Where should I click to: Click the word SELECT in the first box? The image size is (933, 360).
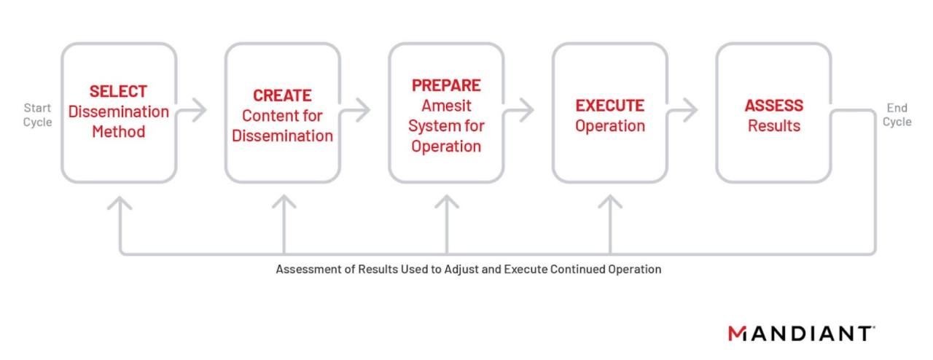point(118,91)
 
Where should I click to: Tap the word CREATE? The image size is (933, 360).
point(282,95)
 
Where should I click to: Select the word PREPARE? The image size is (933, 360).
point(446,85)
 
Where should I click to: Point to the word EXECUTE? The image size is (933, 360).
point(610,106)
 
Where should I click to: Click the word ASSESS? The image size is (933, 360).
point(774,106)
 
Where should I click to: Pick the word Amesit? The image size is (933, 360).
point(446,106)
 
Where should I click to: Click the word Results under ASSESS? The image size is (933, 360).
point(774,125)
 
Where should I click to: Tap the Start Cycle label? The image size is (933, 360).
point(37,115)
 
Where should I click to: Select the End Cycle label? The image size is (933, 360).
point(897,115)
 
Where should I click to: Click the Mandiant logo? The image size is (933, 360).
point(801,333)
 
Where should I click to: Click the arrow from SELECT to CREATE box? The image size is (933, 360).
point(191,110)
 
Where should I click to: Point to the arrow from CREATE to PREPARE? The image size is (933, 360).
point(354,110)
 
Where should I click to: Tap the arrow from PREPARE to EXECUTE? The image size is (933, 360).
point(518,110)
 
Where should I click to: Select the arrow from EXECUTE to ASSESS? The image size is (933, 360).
point(682,110)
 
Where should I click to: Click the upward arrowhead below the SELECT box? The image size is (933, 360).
point(120,203)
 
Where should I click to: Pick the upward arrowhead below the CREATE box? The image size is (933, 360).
point(284,202)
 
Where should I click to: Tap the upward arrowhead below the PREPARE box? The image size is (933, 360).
point(447,202)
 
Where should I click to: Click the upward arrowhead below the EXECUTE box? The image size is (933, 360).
point(610,202)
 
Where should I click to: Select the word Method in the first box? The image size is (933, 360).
point(118,132)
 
